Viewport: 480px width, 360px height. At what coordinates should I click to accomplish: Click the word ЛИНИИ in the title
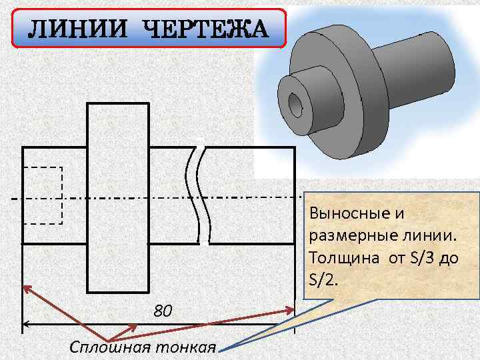click(79, 30)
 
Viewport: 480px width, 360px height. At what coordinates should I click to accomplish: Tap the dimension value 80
click(163, 311)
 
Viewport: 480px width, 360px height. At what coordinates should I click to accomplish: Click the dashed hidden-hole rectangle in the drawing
click(43, 197)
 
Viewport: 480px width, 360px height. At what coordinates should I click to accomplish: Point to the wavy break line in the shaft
click(199, 193)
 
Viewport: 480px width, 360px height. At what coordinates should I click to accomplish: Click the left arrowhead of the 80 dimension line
click(27, 327)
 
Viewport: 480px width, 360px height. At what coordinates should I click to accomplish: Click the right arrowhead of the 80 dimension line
click(291, 327)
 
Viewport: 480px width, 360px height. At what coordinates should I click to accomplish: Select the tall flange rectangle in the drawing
click(118, 197)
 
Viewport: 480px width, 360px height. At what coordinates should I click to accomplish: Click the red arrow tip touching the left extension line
click(27, 288)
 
